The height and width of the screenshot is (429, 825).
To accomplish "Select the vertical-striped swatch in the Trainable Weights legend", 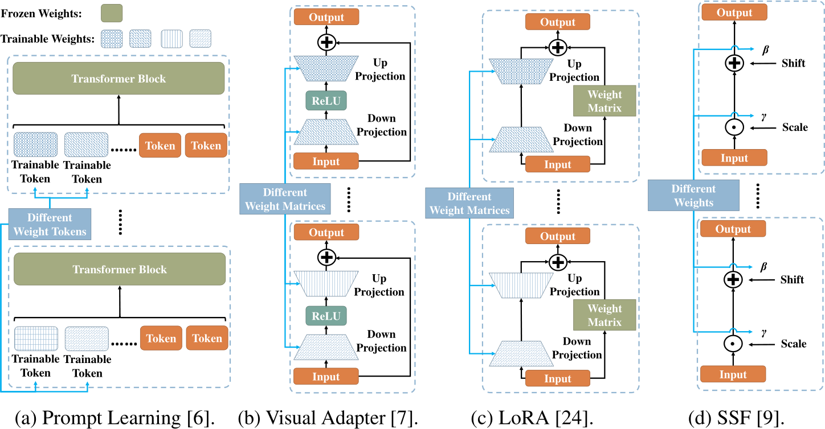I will (x=173, y=39).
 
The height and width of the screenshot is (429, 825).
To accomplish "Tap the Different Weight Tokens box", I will (x=50, y=224).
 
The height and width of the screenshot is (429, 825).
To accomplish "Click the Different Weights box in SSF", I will (x=693, y=196).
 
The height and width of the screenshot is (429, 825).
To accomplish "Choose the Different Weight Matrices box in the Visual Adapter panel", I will (x=285, y=199).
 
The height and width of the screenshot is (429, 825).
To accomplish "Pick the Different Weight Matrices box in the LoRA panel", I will (x=469, y=204).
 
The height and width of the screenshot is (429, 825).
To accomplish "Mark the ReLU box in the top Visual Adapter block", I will (x=326, y=101).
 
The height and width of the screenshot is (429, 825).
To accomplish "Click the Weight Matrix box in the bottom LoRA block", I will (x=605, y=315).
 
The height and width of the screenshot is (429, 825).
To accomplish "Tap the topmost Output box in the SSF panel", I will (x=734, y=13).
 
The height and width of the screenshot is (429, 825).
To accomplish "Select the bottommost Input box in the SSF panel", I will (x=733, y=374).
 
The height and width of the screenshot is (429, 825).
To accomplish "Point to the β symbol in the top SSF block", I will (x=765, y=50).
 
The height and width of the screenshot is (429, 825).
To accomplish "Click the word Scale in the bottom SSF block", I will (x=794, y=344).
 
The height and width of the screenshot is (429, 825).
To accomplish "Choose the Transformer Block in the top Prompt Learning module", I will (x=119, y=79).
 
